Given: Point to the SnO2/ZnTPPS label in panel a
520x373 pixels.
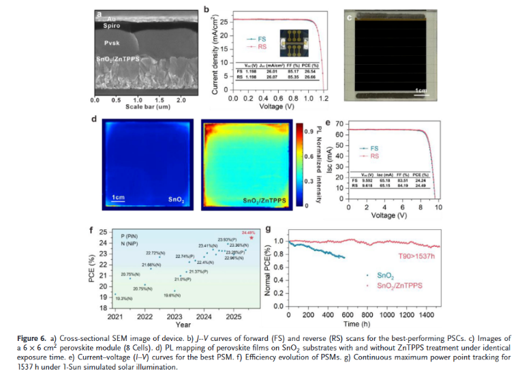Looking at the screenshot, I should (x=118, y=59).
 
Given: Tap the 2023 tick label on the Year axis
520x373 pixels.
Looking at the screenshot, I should (x=174, y=318).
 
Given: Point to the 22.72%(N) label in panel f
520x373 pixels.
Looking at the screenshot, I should (x=157, y=252).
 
